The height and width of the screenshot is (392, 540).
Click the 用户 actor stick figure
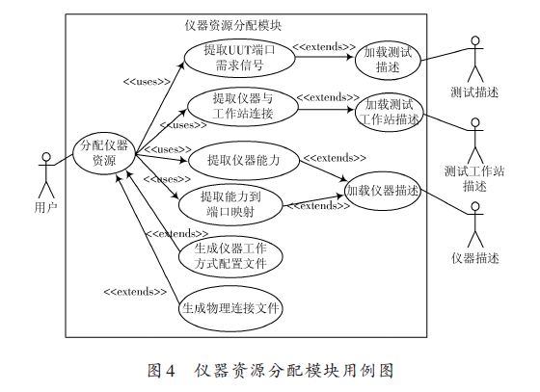coord(46,175)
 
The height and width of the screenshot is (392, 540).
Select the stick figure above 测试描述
coord(475,59)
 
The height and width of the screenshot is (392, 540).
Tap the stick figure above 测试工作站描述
coord(475,141)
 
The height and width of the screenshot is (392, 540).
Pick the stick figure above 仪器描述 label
coord(475,224)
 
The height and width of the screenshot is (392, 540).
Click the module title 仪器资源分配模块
coord(233,26)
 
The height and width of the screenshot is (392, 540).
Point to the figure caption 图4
coord(162,371)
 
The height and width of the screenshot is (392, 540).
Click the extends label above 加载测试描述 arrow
coord(324,47)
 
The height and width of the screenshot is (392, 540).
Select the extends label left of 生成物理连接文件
coord(135,292)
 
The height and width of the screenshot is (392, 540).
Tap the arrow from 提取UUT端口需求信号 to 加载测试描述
coord(325,57)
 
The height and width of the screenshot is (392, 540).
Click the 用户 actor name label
coord(46,207)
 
